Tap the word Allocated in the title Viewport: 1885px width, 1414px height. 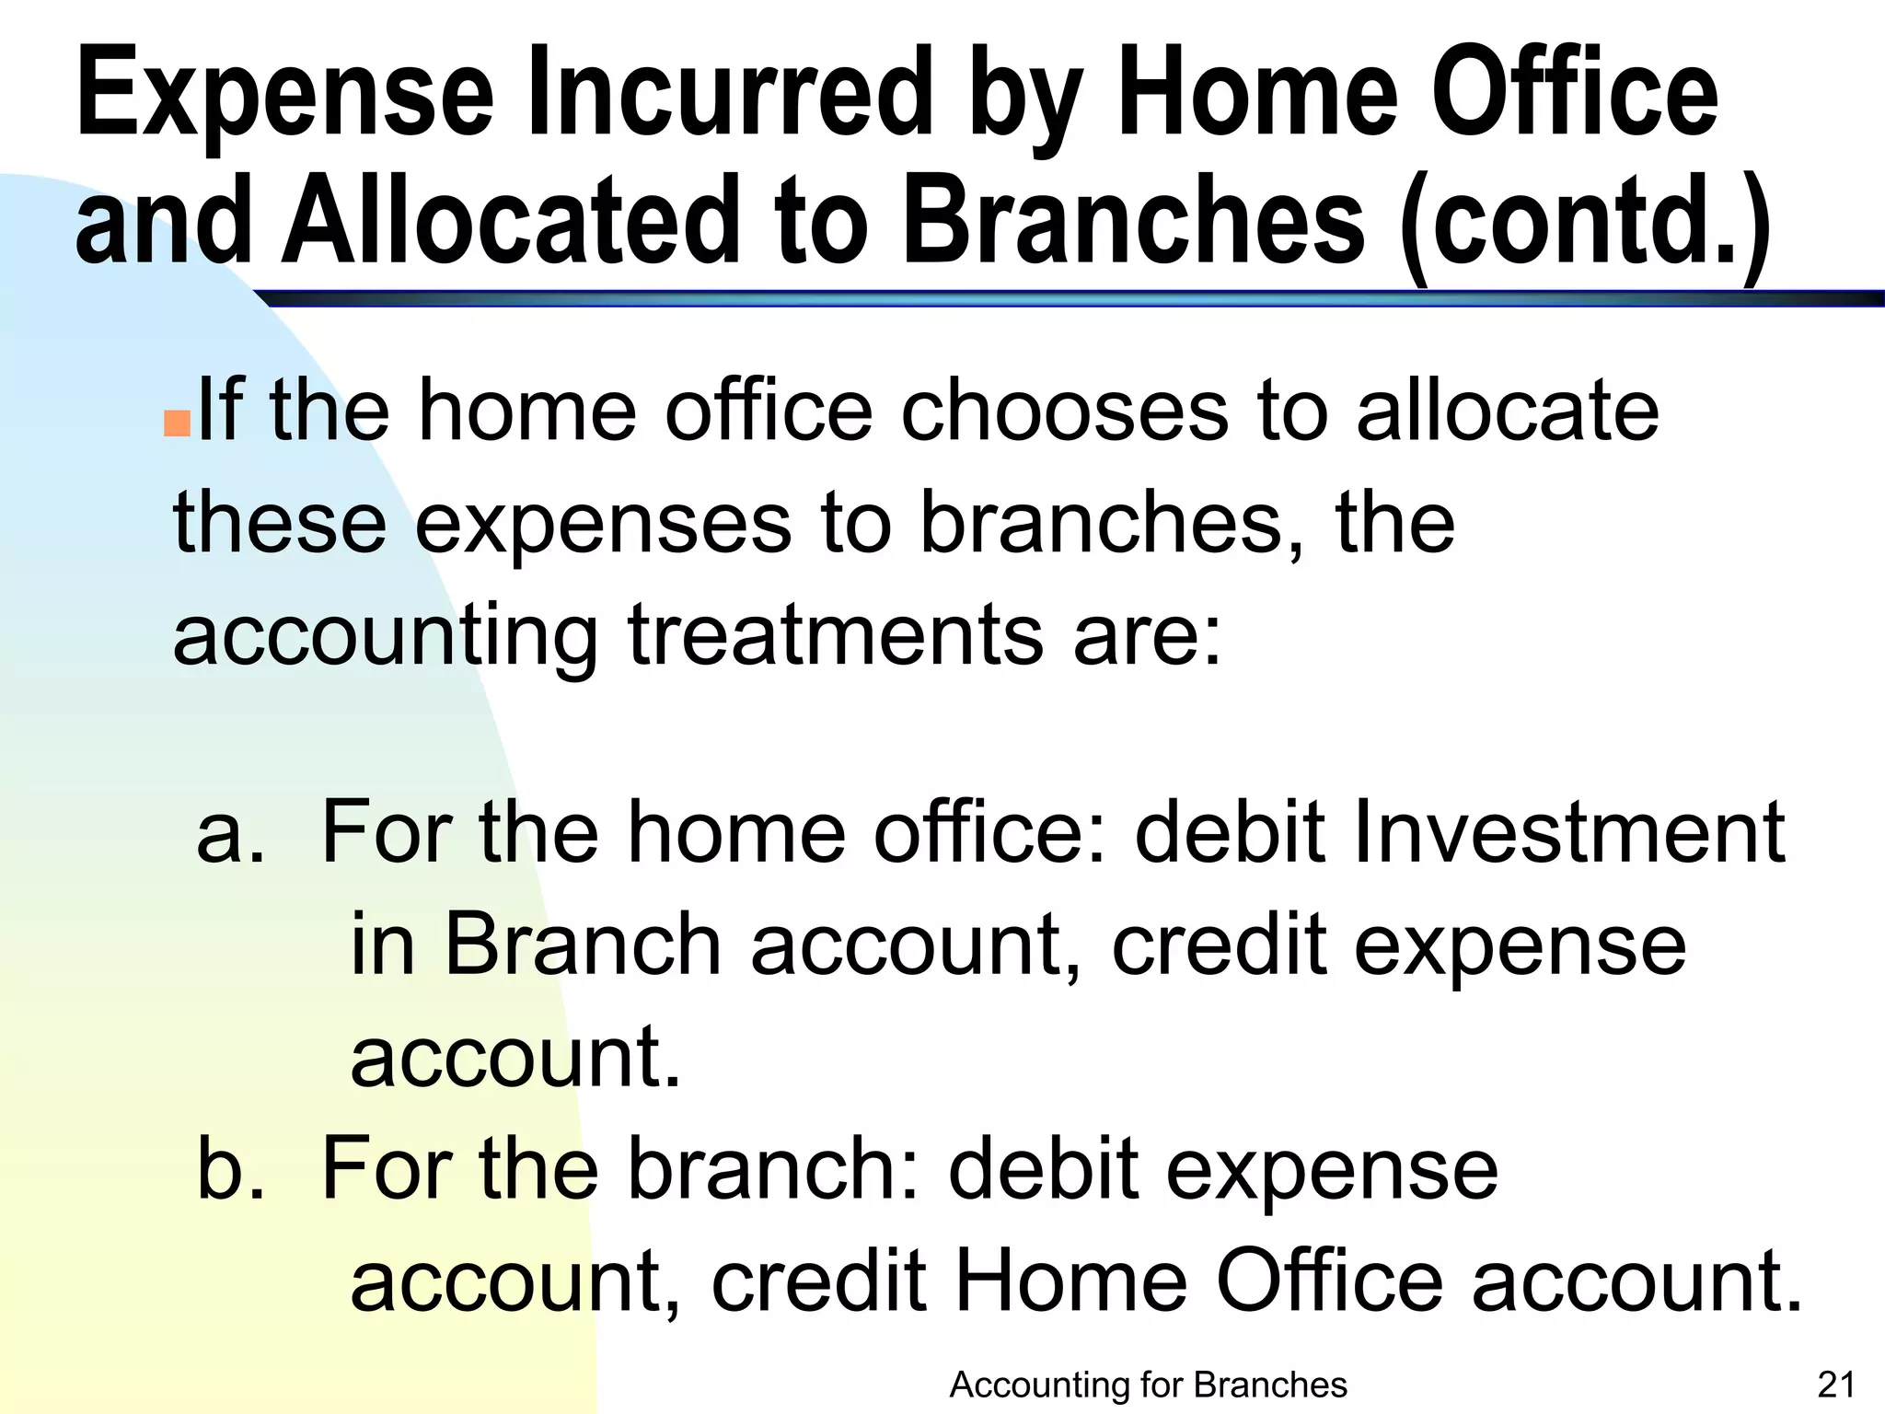coord(511,221)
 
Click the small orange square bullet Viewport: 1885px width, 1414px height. coord(177,423)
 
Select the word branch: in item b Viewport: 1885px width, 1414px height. coord(773,1169)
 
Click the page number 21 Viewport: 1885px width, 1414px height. coord(1836,1385)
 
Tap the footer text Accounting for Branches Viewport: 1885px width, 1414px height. coord(1148,1385)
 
